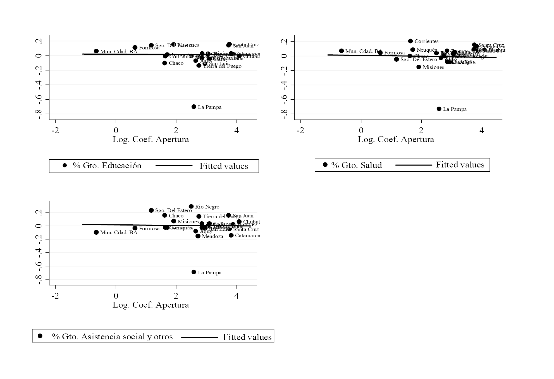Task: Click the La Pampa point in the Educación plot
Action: tap(194, 107)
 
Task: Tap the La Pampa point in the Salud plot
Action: tap(439, 109)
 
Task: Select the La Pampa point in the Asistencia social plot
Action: tap(194, 272)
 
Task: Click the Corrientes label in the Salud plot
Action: tap(426, 41)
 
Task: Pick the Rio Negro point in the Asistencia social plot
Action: tap(191, 207)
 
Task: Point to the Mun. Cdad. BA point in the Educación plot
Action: tap(96, 51)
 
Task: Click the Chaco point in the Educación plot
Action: tap(164, 63)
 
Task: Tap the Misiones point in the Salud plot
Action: tap(419, 67)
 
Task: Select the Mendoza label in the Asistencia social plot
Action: tap(212, 236)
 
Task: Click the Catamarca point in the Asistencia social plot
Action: tap(231, 235)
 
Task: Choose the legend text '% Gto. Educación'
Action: tap(107, 165)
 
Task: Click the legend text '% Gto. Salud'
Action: tap(356, 165)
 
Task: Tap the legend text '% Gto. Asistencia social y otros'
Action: tap(112, 337)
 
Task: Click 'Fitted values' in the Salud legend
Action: tap(460, 165)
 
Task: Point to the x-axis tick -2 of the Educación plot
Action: tap(55, 130)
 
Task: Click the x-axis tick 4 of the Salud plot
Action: tap(482, 130)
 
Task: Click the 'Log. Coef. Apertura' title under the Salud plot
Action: tap(396, 140)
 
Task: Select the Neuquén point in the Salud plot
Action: tap(413, 50)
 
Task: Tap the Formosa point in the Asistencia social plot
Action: tap(135, 228)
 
